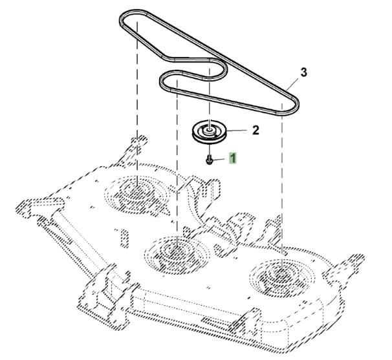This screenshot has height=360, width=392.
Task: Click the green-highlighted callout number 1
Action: pyautogui.click(x=233, y=156)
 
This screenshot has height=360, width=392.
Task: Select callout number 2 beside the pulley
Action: pyautogui.click(x=255, y=130)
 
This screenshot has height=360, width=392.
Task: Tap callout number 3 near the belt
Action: pyautogui.click(x=303, y=72)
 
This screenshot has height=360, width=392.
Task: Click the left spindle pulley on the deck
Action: pyautogui.click(x=137, y=190)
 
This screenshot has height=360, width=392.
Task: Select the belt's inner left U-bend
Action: pyautogui.click(x=164, y=81)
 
